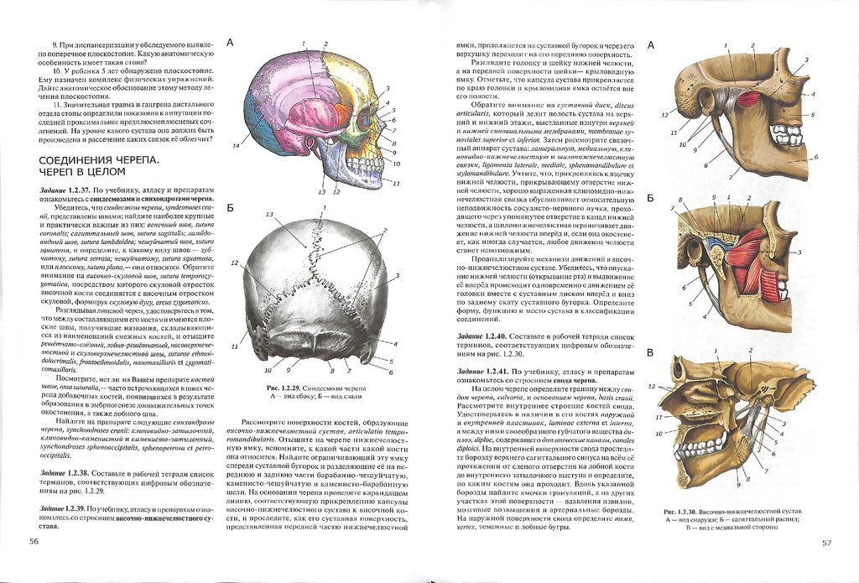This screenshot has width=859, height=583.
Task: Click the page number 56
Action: click(x=34, y=542)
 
